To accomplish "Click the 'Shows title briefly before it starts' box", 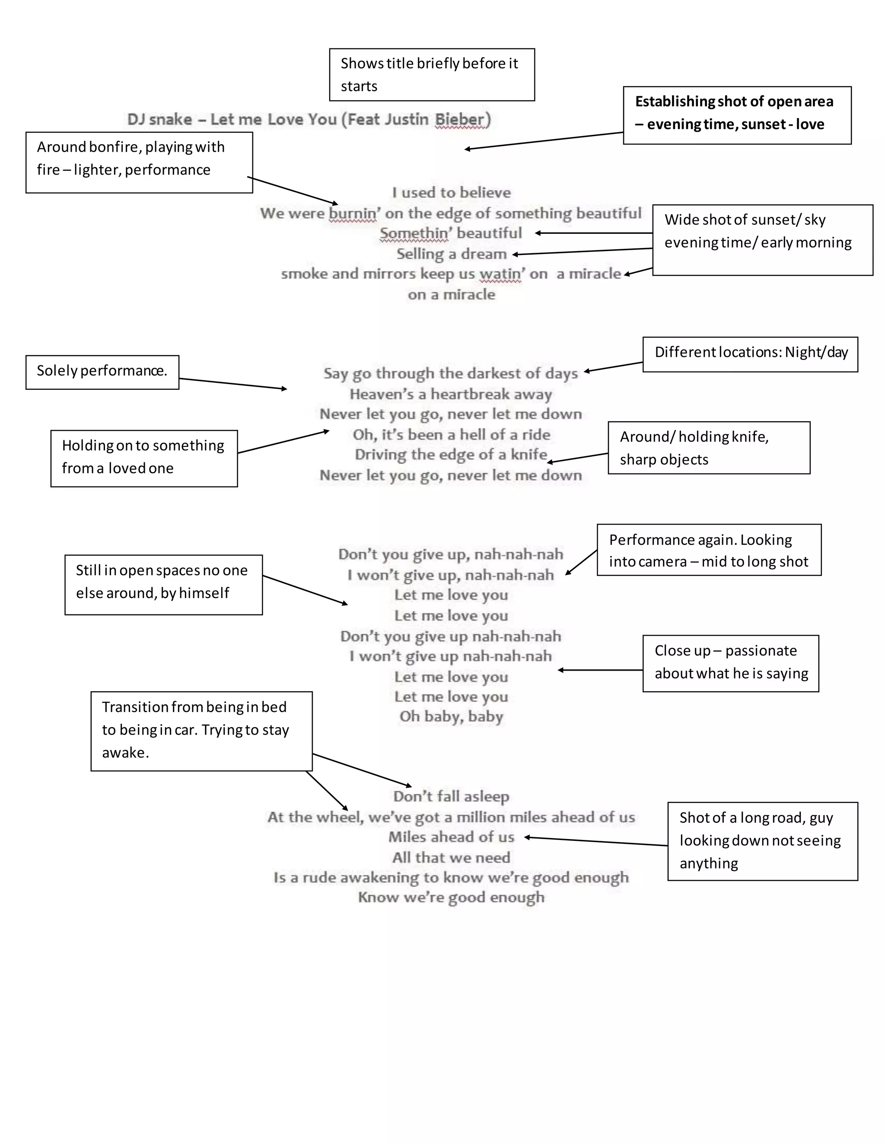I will coord(432,74).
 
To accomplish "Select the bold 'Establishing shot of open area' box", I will coord(737,115).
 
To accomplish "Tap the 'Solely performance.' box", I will coord(102,372).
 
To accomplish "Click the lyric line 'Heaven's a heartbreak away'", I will coord(451,394).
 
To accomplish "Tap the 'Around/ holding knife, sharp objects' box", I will coord(708,447).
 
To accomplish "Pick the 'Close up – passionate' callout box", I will coord(730,663).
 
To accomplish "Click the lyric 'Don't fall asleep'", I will coord(451,796).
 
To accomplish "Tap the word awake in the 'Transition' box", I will coord(125,753).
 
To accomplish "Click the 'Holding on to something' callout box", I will coord(143,458).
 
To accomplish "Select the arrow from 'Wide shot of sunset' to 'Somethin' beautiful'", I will coord(592,233).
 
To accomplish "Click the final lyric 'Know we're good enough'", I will coord(451,897).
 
